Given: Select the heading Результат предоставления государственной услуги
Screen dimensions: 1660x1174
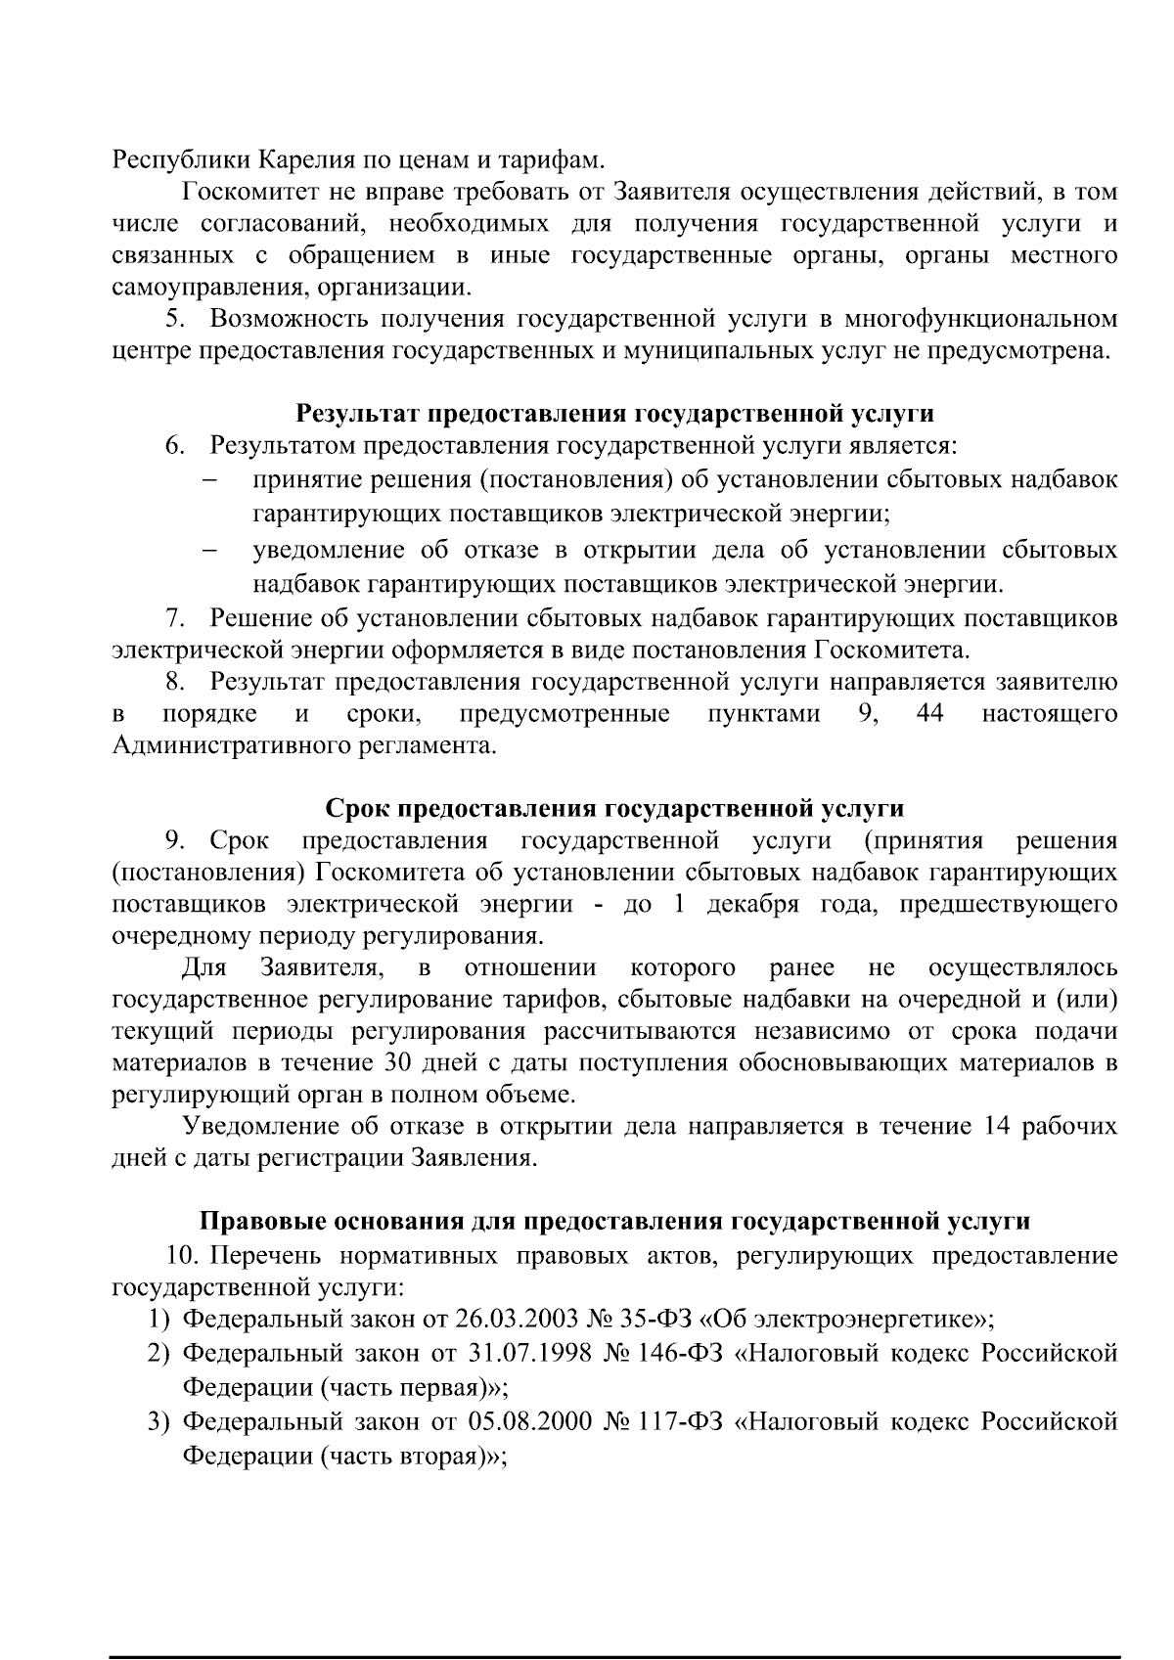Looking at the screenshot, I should (x=614, y=414).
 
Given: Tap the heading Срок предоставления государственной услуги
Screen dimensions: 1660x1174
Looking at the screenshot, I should (x=613, y=809).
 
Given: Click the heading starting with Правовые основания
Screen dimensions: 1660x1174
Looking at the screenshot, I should (x=614, y=1221).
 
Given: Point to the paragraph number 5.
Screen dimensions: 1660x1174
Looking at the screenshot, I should (x=175, y=319).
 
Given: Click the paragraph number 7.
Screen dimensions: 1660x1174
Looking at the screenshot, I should (x=175, y=618).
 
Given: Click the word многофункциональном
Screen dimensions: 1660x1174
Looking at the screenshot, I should (x=980, y=319).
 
